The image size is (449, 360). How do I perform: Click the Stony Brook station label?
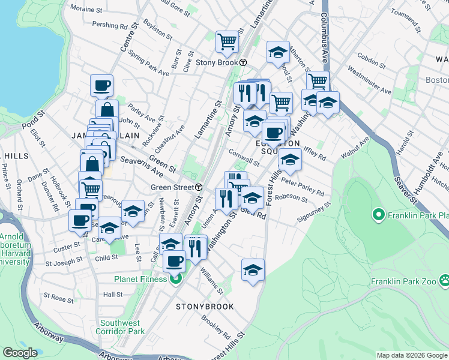click(x=217, y=62)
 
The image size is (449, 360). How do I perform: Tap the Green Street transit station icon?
click(x=199, y=187)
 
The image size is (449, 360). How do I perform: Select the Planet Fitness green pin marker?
click(x=176, y=278)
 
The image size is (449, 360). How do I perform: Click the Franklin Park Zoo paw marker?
click(x=444, y=280)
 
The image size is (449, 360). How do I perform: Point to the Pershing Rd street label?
click(x=110, y=26)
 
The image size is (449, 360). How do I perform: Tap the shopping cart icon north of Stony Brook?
click(x=228, y=41)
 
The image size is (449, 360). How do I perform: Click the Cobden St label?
click(x=370, y=61)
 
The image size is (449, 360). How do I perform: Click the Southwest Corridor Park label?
click(x=122, y=326)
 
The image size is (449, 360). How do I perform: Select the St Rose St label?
click(x=58, y=296)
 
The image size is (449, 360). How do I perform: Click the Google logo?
click(x=20, y=353)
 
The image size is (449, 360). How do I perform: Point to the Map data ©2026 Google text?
click(x=412, y=355)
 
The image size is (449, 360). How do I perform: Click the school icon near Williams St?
click(x=253, y=270)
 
